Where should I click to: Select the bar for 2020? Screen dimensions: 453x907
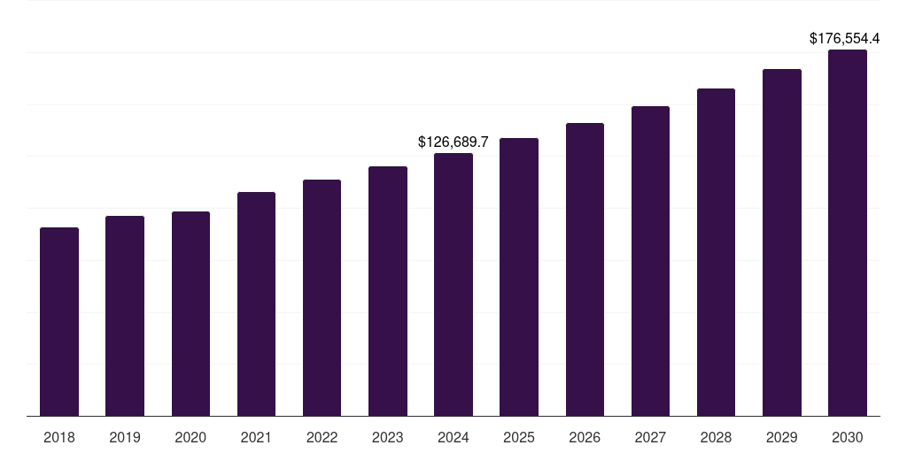(x=190, y=313)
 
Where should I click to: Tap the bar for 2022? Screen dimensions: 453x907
(x=322, y=297)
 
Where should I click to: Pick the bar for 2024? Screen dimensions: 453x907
(x=453, y=284)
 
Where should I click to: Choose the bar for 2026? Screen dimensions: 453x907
(x=585, y=269)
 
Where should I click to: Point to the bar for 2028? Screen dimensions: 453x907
(x=716, y=252)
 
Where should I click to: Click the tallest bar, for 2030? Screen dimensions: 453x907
(x=847, y=233)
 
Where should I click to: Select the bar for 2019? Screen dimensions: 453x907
(x=125, y=316)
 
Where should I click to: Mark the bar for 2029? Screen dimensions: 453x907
(x=781, y=242)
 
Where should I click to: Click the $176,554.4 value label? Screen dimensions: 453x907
(x=845, y=39)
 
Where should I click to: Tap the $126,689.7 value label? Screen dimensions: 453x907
(x=453, y=142)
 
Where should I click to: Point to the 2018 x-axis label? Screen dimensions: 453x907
(x=59, y=437)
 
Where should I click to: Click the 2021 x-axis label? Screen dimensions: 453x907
(x=256, y=437)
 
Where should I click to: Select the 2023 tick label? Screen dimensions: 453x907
(x=387, y=437)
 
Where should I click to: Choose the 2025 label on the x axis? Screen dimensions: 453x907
(x=519, y=437)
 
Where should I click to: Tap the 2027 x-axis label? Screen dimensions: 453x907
(x=650, y=437)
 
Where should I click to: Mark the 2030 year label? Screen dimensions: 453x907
(x=847, y=437)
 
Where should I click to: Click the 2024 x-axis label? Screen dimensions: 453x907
(x=453, y=437)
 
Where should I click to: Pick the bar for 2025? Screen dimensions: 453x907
(x=519, y=277)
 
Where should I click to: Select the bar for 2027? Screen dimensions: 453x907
(x=650, y=261)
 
